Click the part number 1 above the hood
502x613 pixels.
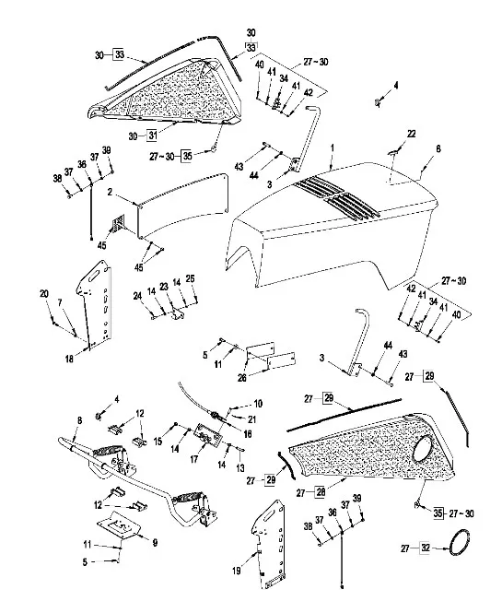333,148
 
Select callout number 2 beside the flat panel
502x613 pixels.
111,192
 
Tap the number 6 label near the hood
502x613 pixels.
438,149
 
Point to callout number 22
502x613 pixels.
411,134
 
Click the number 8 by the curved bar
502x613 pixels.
80,420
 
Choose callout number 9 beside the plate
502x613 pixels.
155,543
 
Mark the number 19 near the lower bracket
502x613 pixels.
237,571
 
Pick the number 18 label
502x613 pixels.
69,359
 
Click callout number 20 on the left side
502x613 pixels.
44,294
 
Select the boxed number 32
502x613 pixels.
425,548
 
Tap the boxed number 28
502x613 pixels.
321,492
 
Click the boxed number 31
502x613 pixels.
152,136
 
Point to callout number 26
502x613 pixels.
242,378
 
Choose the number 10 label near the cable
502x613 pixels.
258,404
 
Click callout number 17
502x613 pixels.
194,459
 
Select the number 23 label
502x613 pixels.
164,287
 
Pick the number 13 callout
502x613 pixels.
239,467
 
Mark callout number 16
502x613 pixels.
247,434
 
